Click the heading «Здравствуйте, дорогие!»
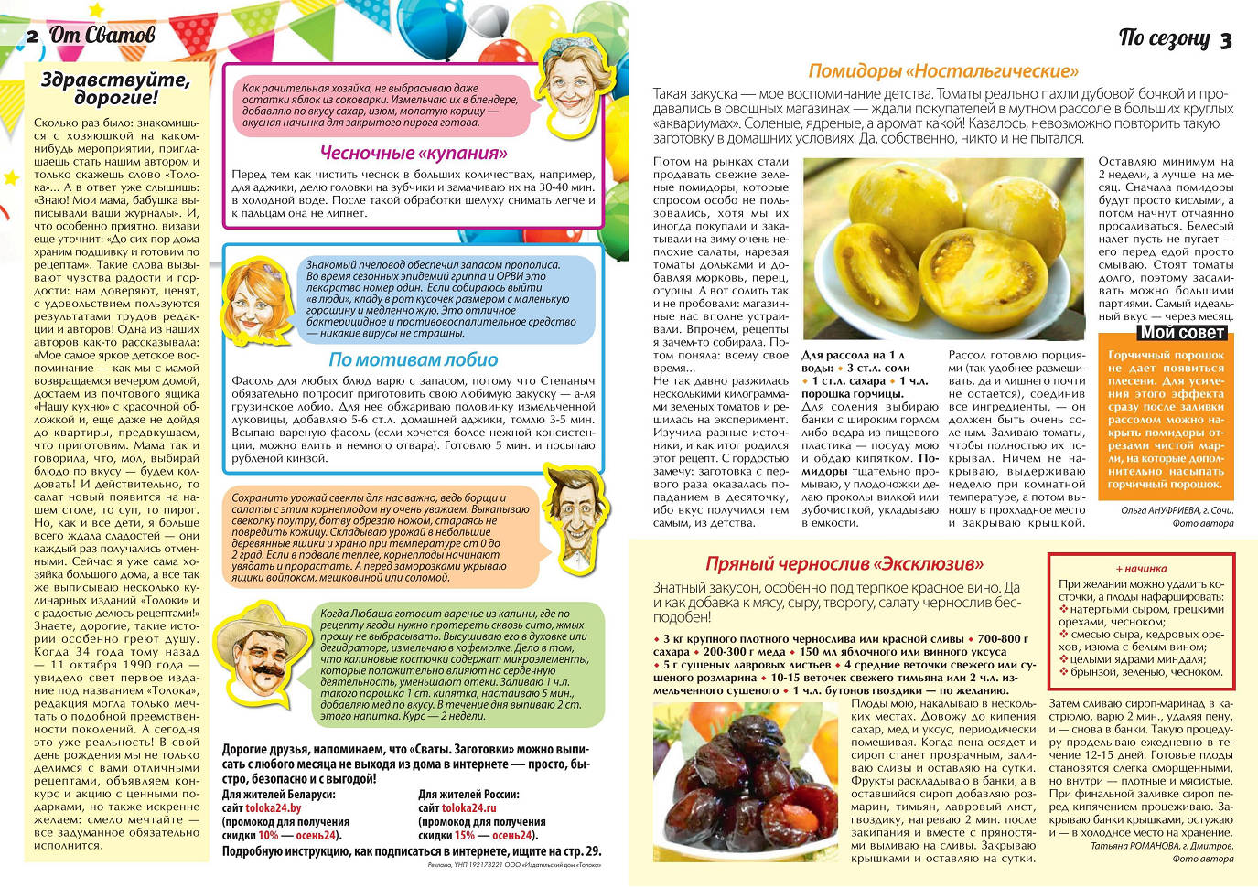click(x=115, y=88)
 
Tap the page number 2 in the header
click(x=32, y=37)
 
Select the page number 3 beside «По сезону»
click(x=1226, y=39)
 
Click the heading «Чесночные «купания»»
click(x=414, y=153)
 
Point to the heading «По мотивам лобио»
click(x=414, y=359)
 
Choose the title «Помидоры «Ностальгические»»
click(x=943, y=71)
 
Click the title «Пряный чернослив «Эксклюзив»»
click(x=844, y=563)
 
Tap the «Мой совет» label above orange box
click(x=1182, y=333)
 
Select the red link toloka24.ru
click(x=469, y=808)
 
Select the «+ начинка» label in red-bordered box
click(x=1141, y=568)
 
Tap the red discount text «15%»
click(x=464, y=835)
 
